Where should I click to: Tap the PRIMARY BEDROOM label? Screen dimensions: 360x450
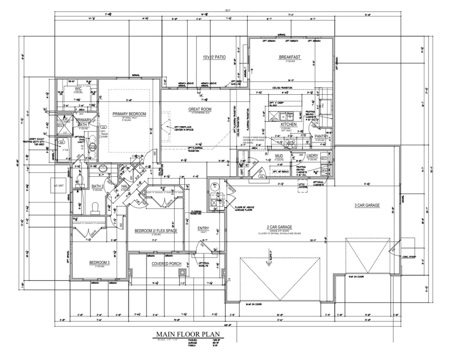click(x=129, y=114)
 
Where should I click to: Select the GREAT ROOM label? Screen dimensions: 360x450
click(x=200, y=109)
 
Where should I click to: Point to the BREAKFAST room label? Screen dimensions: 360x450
click(x=290, y=57)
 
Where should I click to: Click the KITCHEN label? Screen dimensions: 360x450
click(x=289, y=125)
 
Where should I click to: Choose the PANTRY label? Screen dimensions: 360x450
click(x=322, y=136)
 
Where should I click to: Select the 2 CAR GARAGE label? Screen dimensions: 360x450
click(x=278, y=227)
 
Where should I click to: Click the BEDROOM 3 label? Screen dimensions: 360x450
click(x=99, y=263)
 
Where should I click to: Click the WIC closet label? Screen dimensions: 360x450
click(x=77, y=88)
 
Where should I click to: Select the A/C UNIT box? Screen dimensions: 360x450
click(x=59, y=186)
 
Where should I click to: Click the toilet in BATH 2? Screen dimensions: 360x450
click(x=95, y=207)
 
